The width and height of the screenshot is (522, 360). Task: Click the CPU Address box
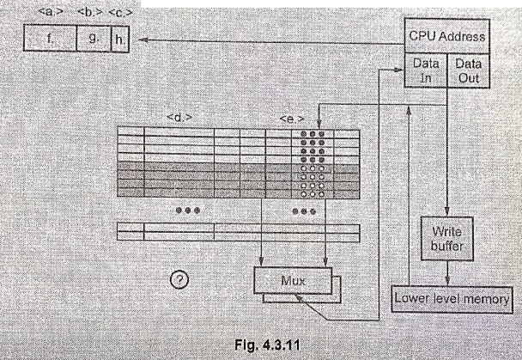[x=446, y=36]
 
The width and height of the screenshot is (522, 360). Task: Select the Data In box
[x=426, y=70]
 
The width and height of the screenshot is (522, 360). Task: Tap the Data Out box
[x=468, y=70]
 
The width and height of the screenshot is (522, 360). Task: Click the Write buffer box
[x=447, y=239]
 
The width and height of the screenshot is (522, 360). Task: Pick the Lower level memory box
[x=452, y=299]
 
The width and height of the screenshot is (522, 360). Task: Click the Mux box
[x=293, y=281]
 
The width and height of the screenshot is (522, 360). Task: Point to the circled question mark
[x=179, y=280]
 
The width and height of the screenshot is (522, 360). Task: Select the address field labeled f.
[x=50, y=39]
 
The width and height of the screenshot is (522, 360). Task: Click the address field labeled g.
[x=94, y=39]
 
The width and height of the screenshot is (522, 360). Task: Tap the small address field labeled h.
[x=120, y=40]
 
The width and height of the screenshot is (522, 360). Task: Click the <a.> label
[x=51, y=12]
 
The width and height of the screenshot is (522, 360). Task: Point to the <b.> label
[x=90, y=12]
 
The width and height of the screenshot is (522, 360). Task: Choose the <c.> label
[x=120, y=13]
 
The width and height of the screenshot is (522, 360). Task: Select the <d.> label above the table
[x=179, y=117]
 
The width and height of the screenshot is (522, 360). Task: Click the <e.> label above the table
[x=292, y=119]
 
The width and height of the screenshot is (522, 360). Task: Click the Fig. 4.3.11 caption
[x=267, y=345]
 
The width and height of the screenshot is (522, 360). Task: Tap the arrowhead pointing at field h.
[x=143, y=40]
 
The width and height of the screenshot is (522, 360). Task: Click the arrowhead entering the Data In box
[x=399, y=70]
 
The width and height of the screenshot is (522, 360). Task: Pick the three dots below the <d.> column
[x=188, y=211]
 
